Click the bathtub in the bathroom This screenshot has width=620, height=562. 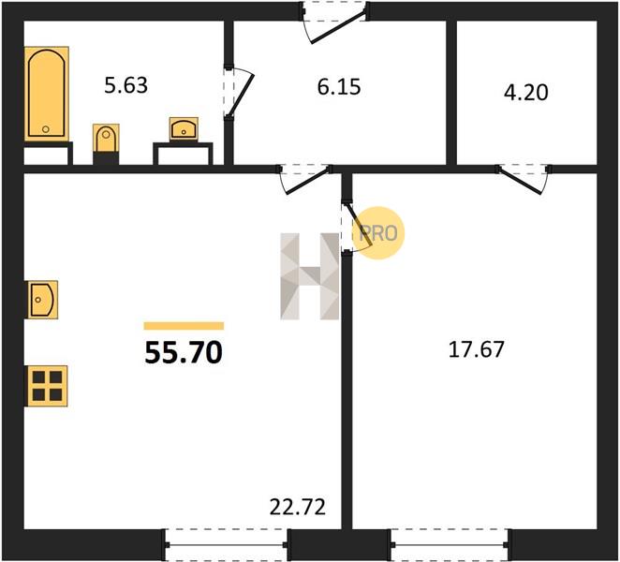coord(47,94)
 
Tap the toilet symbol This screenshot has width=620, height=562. coord(106,138)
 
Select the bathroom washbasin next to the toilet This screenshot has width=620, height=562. coord(184,129)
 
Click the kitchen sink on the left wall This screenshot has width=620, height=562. coord(42,300)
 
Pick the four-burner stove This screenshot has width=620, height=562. coord(47,386)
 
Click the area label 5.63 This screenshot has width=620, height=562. coord(126,85)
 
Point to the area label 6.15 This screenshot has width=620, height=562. coord(339,87)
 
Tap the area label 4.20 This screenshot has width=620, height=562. coord(526,93)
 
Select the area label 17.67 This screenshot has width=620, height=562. coord(477,349)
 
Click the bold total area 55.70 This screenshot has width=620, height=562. coord(184,352)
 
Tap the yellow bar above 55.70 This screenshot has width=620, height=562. coord(184,326)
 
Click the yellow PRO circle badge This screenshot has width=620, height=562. coord(378,233)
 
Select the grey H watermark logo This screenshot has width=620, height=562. coord(310,276)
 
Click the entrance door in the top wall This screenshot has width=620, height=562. coord(335,22)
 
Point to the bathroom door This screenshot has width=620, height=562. coord(238,93)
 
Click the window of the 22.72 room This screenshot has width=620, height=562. coord(226,544)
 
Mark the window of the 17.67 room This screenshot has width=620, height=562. coord(450,544)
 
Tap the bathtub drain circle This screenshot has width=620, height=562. coord(46,129)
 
